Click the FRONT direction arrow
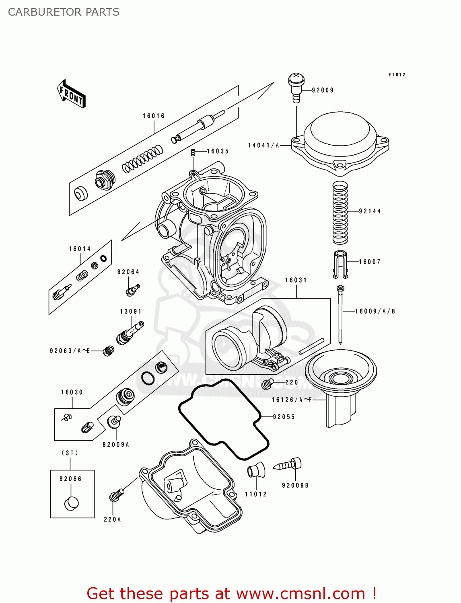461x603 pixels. click(x=72, y=94)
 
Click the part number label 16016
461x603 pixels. click(x=154, y=116)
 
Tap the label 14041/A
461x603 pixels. click(x=263, y=145)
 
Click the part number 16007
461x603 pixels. click(x=370, y=262)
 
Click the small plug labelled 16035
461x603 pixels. click(x=193, y=152)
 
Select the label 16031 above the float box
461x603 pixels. click(x=296, y=280)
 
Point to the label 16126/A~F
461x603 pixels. click(x=292, y=400)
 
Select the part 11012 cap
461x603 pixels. click(x=256, y=470)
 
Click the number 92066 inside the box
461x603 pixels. click(x=70, y=479)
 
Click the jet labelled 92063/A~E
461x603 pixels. click(x=109, y=351)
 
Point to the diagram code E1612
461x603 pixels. click(x=397, y=75)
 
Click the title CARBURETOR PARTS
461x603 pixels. click(x=64, y=12)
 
